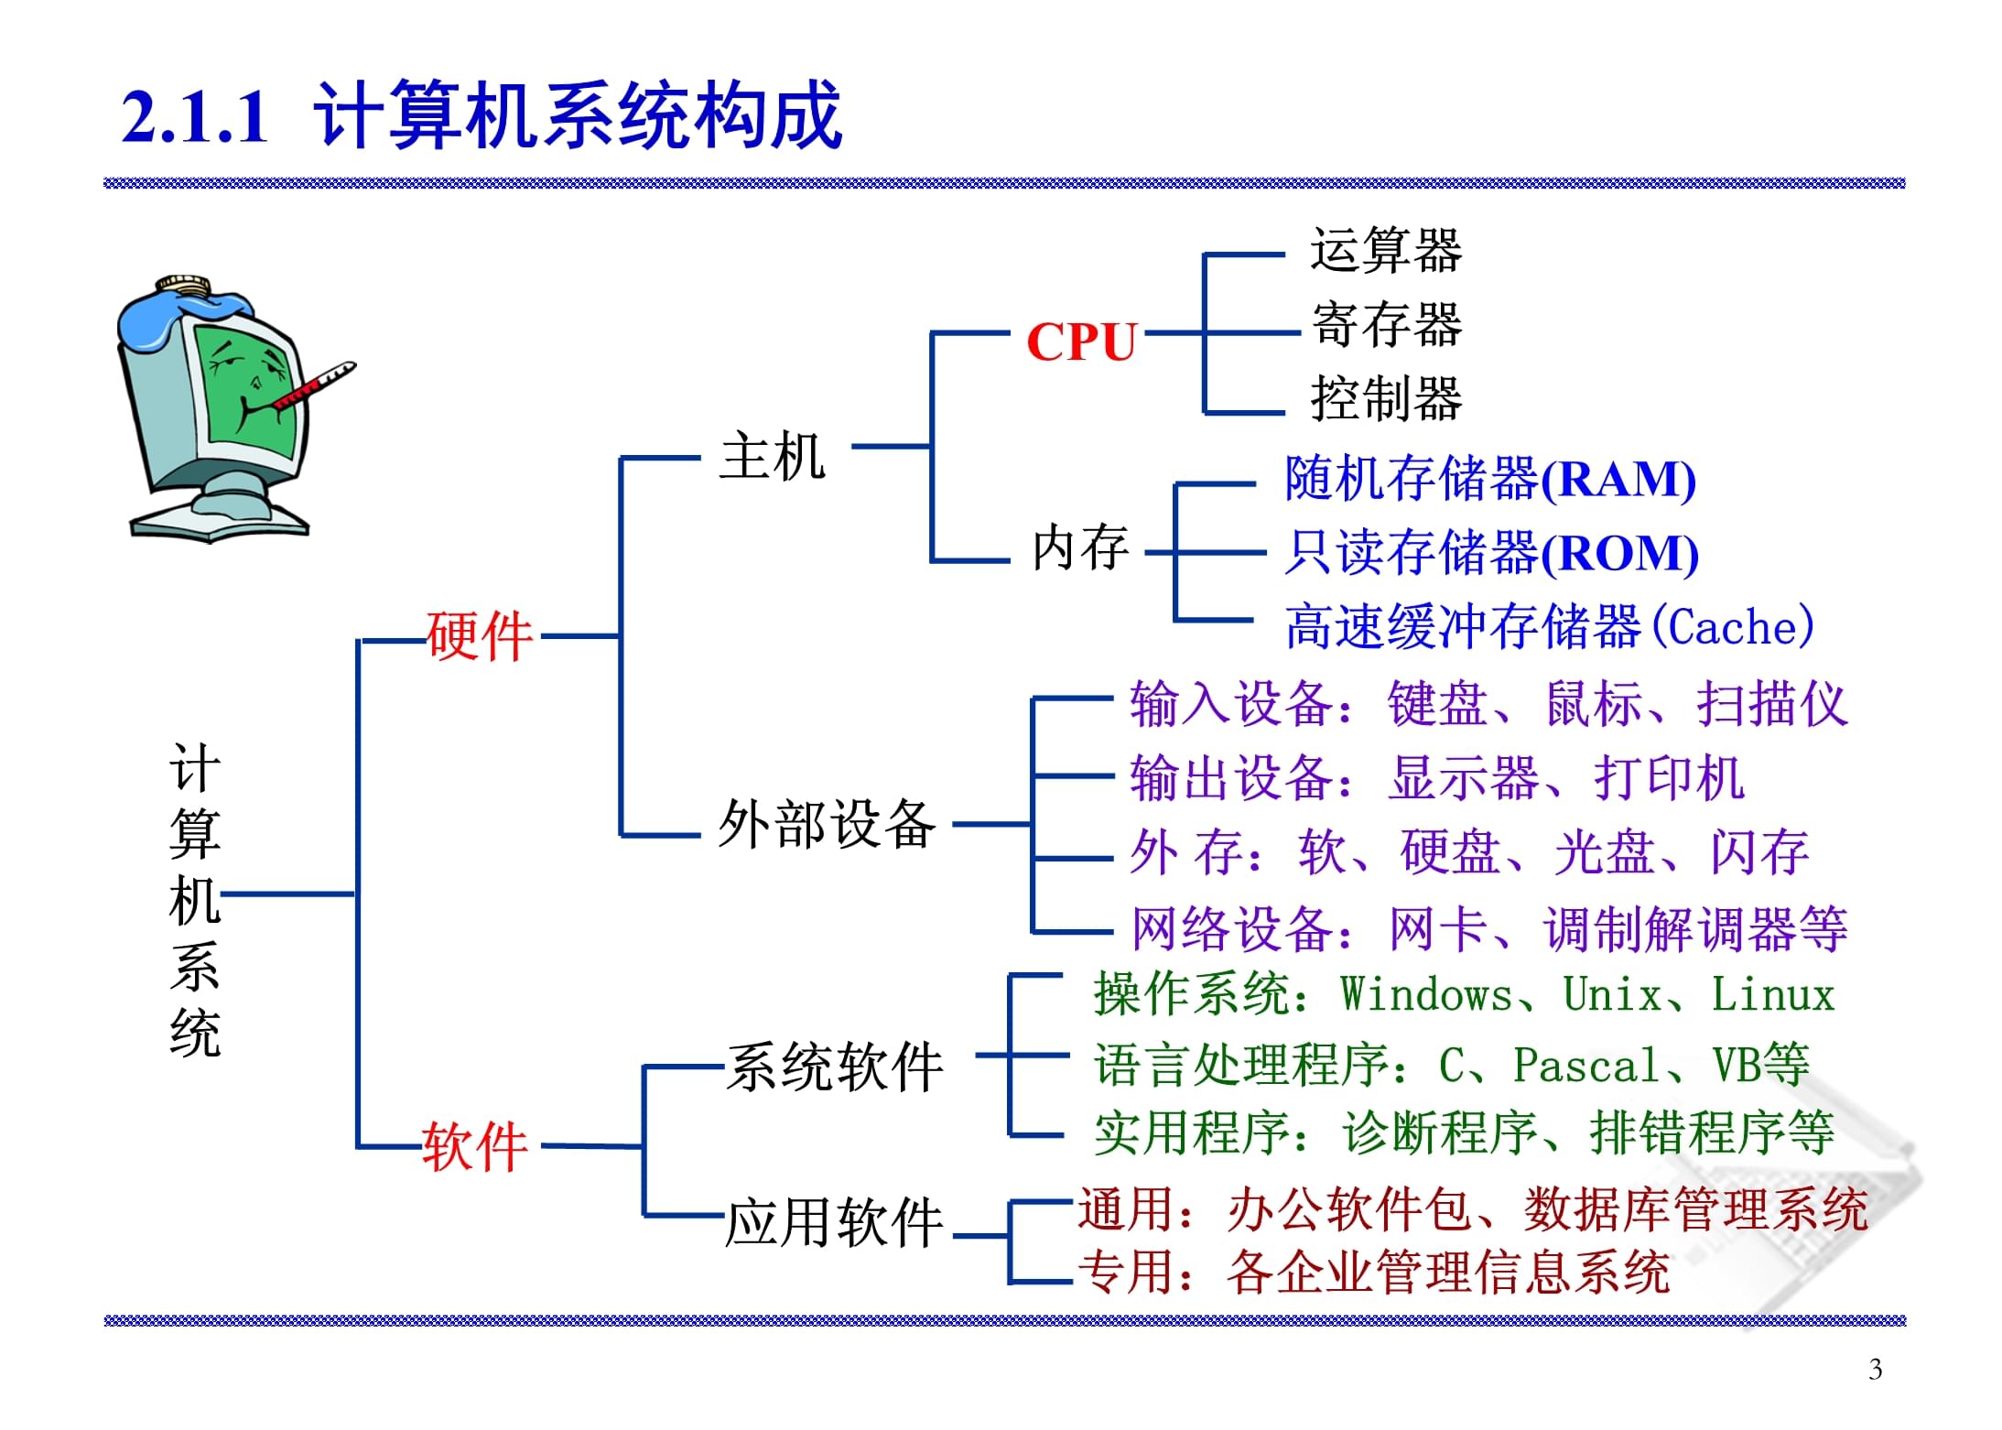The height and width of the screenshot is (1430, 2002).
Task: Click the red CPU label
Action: (1081, 342)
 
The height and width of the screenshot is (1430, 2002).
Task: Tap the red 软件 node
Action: (474, 1146)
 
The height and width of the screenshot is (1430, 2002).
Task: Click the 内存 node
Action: (1080, 548)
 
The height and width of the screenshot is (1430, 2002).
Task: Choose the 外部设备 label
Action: (827, 824)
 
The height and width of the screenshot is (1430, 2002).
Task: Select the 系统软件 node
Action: (834, 1067)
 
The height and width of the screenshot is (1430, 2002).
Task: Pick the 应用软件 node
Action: (834, 1223)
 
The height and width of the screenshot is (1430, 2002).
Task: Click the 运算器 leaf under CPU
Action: (1386, 250)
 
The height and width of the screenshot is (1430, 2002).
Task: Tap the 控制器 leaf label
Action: (1386, 399)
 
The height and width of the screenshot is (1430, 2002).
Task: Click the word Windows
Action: (1426, 995)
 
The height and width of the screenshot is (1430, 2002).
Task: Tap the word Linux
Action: (1773, 995)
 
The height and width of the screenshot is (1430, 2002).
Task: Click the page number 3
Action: (1875, 1370)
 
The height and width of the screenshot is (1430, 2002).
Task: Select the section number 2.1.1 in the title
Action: (195, 117)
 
